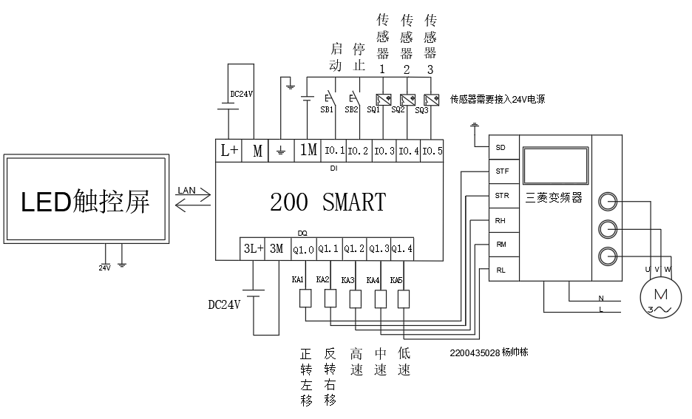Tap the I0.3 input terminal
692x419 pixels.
[384, 151]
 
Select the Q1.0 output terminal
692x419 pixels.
[303, 250]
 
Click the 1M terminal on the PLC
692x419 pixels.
[308, 151]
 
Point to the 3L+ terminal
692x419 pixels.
[253, 250]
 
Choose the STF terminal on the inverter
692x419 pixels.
[501, 171]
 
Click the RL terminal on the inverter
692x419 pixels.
[501, 270]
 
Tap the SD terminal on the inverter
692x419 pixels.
[501, 147]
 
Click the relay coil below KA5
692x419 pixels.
[404, 299]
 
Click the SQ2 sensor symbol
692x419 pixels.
[407, 99]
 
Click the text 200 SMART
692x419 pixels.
[328, 202]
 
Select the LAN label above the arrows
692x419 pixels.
[186, 190]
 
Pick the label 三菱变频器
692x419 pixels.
[554, 198]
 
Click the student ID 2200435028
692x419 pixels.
[473, 352]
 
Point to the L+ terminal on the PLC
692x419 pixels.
[230, 151]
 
